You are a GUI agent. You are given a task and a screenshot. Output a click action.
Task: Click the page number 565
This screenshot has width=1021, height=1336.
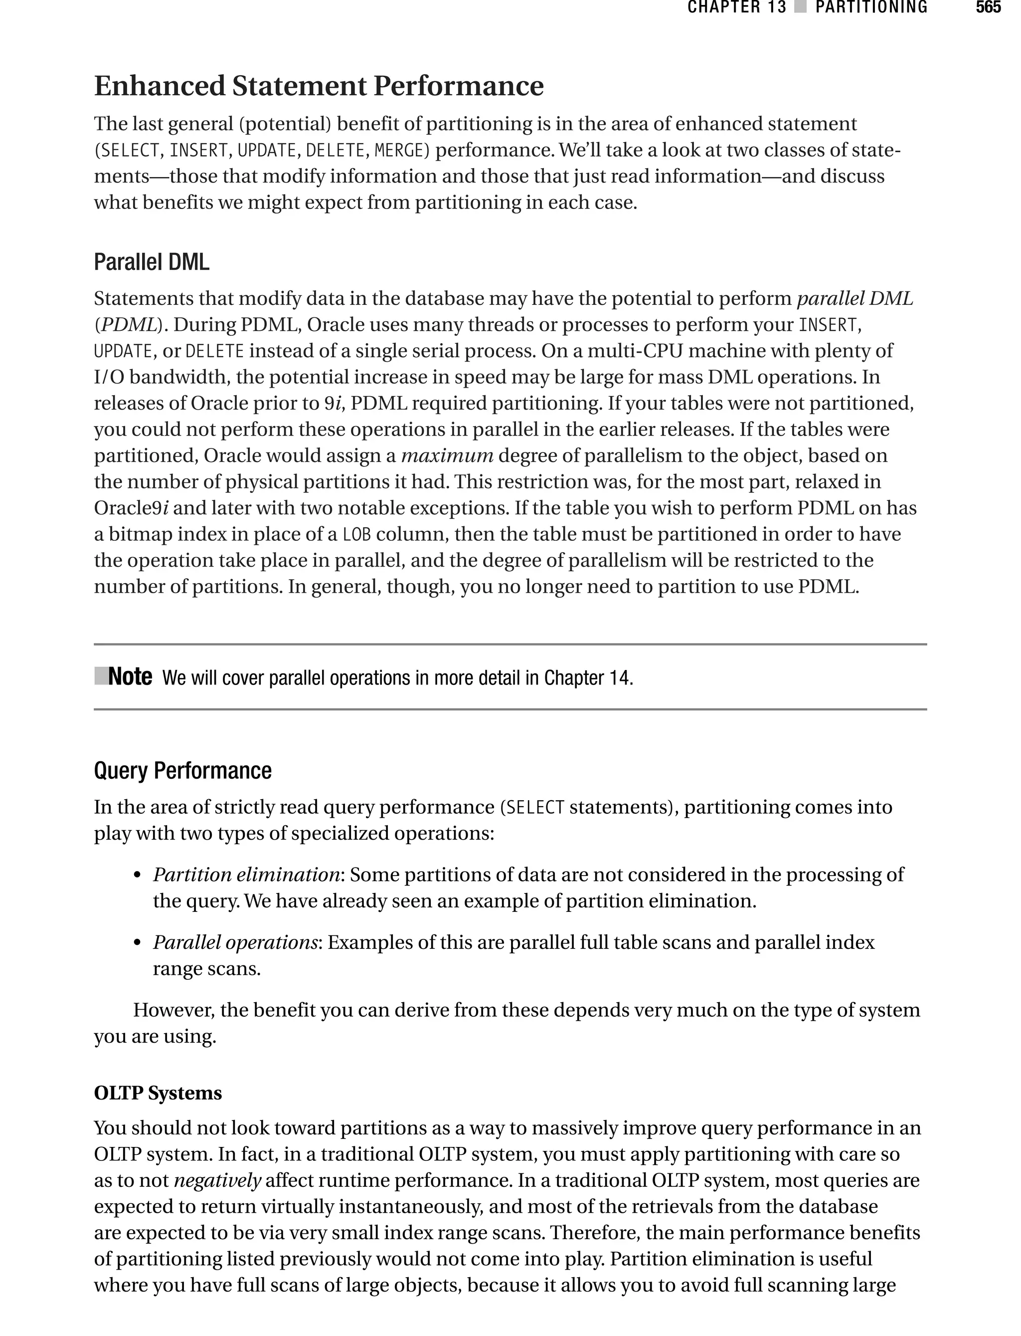[x=988, y=8]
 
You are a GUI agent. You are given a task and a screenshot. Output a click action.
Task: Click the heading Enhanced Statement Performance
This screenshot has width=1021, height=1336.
[x=319, y=86]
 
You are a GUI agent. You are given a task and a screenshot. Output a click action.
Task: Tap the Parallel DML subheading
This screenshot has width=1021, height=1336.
[x=152, y=262]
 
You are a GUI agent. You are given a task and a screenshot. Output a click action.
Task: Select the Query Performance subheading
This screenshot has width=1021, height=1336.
[x=182, y=770]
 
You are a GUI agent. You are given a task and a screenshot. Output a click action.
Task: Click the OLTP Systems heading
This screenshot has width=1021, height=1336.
[x=158, y=1093]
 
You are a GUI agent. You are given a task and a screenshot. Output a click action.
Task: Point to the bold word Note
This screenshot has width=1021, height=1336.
[x=130, y=677]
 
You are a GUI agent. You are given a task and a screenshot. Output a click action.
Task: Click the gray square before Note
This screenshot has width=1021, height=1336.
[x=100, y=675]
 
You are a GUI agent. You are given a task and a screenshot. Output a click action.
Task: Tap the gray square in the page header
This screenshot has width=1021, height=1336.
[x=800, y=8]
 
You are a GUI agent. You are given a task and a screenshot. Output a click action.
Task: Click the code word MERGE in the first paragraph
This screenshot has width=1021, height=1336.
[x=401, y=150]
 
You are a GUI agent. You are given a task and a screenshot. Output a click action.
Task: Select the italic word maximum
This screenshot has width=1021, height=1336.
[x=447, y=455]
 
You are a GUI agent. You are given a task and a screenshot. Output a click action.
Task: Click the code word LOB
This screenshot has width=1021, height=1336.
[x=356, y=534]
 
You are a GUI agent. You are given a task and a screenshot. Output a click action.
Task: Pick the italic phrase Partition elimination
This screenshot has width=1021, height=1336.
[x=246, y=875]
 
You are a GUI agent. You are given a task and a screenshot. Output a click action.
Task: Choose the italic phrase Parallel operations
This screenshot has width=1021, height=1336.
[x=235, y=942]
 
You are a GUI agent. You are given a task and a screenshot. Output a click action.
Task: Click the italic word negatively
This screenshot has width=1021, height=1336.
[x=217, y=1180]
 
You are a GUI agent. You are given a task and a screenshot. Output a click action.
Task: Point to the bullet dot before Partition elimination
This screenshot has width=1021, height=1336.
[x=138, y=876]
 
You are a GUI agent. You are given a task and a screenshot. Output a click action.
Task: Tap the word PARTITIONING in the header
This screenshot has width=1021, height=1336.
[x=871, y=8]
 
